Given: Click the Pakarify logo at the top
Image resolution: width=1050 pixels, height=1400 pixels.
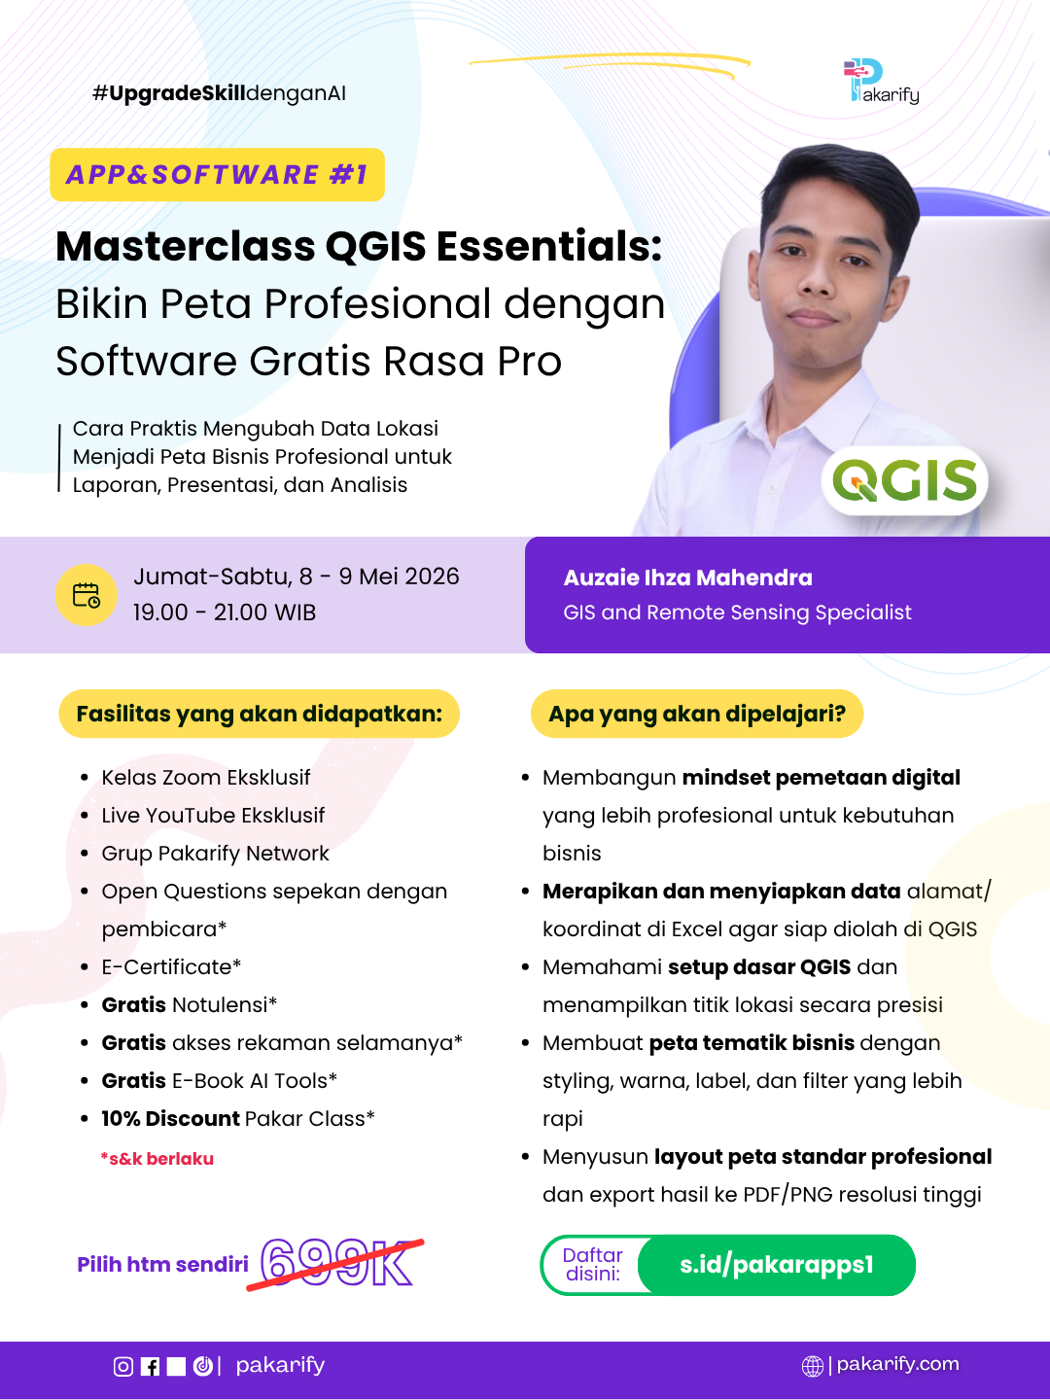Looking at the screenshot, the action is tap(881, 81).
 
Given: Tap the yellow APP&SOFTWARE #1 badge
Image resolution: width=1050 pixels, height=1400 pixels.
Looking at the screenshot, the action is tap(218, 175).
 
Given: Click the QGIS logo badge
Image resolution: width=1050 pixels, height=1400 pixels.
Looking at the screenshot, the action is tap(904, 480).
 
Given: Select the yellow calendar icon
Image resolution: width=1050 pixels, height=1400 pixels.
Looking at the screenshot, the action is tap(87, 595).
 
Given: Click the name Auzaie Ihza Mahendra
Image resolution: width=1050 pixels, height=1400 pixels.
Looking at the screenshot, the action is tap(688, 577).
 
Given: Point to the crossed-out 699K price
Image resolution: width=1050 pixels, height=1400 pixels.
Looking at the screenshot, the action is tap(336, 1263).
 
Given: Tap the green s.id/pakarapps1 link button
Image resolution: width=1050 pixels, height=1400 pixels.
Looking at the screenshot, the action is tap(777, 1265).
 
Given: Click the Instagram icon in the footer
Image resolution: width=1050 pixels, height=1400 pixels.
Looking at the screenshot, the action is tap(123, 1366).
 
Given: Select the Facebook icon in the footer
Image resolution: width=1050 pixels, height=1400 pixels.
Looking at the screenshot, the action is tap(150, 1366).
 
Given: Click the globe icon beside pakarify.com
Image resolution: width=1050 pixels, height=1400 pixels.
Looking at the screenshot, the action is tap(812, 1366).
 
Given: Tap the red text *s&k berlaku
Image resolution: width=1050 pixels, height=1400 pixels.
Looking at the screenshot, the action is tap(157, 1158).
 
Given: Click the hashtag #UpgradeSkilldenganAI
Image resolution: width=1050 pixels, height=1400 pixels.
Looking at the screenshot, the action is tap(219, 93).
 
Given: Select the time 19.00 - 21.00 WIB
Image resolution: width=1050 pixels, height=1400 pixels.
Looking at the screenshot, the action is tap(225, 612).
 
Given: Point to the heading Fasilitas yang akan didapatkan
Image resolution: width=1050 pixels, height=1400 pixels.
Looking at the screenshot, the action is tap(259, 714).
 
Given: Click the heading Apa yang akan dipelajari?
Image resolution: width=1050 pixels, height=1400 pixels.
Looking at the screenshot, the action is tap(697, 714).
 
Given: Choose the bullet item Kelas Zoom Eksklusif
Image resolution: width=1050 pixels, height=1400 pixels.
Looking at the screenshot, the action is tap(205, 778).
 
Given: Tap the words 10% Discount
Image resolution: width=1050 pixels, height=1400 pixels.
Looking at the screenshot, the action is tap(170, 1118).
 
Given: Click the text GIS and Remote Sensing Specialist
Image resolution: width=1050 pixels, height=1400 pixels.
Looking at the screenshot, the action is tap(737, 612).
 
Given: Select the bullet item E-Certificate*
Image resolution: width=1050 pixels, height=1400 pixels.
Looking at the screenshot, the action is tap(171, 967).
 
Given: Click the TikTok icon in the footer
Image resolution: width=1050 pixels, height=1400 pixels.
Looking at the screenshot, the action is tap(203, 1366).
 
